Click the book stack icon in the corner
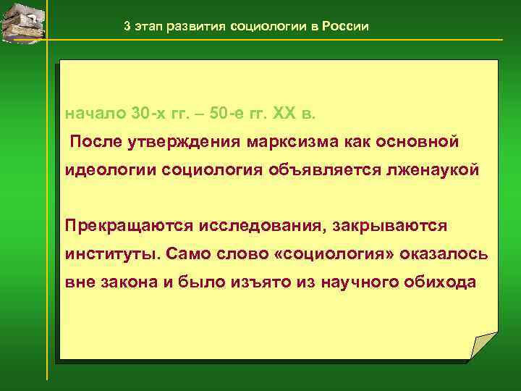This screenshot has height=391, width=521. (x=22, y=21)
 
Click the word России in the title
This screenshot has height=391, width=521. (x=344, y=27)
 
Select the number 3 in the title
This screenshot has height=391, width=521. (x=127, y=27)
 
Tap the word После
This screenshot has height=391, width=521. (x=96, y=140)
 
